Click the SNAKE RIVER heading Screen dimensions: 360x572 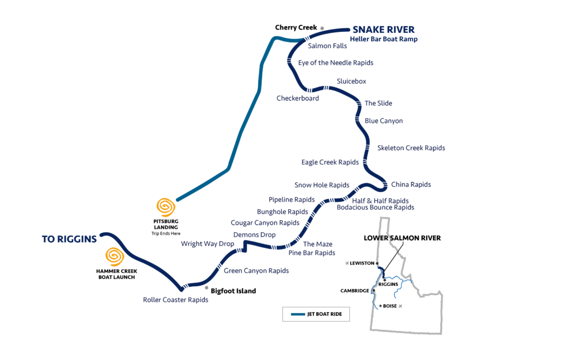pos(383,30)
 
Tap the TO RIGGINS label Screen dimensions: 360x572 pos(69,239)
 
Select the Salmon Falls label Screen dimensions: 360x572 pos(327,46)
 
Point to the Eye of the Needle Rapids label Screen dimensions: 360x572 pos(335,63)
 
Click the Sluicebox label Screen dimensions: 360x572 pos(351,81)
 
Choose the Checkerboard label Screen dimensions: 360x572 pos(298,98)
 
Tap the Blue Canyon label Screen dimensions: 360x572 pos(383,121)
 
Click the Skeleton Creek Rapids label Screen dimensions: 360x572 pos(411,148)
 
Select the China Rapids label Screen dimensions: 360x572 pos(411,184)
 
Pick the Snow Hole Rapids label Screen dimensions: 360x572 pos(322,185)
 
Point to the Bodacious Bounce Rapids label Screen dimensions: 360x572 pos(375,207)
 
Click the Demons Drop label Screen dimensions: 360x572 pos(254,234)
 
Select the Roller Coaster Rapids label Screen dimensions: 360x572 pos(175,300)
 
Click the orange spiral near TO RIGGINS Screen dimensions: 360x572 pos(115,257)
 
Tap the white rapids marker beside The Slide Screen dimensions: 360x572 pos(356,103)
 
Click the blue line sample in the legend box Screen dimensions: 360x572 pos(298,314)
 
